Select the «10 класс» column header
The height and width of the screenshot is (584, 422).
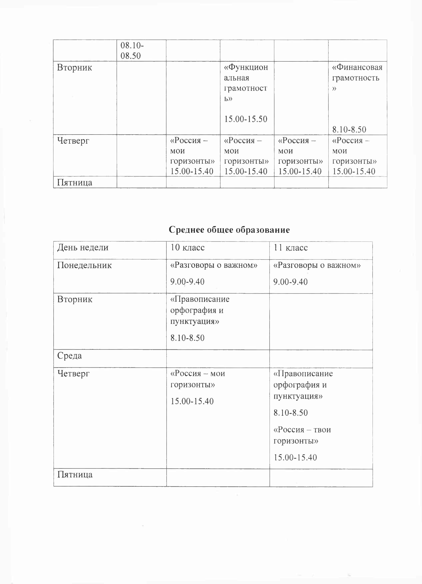[x=187, y=247]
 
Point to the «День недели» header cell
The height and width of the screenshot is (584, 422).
[x=83, y=247]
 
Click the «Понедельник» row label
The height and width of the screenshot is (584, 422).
[x=84, y=265]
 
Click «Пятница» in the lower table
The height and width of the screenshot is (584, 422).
[x=75, y=475]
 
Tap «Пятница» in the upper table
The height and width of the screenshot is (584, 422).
[x=74, y=183]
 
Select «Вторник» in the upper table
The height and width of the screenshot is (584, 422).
[x=74, y=67]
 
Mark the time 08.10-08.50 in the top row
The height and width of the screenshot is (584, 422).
[x=132, y=50]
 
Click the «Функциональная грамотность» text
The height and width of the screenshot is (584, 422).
[x=245, y=83]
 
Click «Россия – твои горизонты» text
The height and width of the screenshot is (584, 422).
[x=302, y=435]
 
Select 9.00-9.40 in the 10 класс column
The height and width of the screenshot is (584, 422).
[x=187, y=282]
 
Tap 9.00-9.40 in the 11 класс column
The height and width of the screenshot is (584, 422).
[x=290, y=282]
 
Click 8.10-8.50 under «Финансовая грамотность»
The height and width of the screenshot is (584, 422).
[x=349, y=129]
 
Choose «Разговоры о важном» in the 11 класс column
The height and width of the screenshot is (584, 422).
[x=317, y=265]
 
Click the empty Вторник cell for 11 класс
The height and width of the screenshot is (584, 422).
[x=321, y=321]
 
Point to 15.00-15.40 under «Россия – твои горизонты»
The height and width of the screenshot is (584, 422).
[x=295, y=457]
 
